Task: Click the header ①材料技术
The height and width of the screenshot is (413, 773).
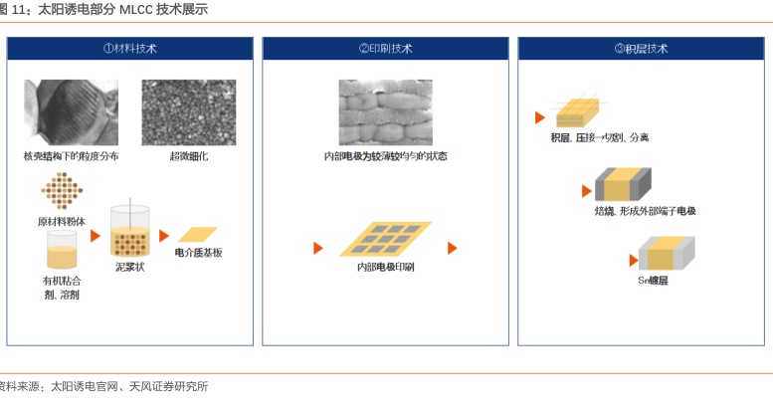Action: [129, 48]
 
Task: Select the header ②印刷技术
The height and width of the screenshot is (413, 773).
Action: [385, 48]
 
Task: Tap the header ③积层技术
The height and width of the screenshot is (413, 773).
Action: [641, 48]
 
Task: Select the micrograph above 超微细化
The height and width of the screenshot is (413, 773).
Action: [188, 112]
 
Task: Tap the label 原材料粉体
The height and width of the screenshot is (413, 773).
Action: [63, 221]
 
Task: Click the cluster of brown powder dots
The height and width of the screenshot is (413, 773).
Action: [62, 191]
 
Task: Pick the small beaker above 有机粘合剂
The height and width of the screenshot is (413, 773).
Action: [62, 250]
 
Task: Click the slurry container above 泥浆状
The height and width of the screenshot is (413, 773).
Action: [129, 233]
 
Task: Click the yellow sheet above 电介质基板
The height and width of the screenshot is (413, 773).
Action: [197, 235]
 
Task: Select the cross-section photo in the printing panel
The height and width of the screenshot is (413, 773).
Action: [385, 112]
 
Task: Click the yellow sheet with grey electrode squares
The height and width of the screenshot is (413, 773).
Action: [386, 240]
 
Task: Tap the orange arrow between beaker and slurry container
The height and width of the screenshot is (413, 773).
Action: [96, 236]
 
